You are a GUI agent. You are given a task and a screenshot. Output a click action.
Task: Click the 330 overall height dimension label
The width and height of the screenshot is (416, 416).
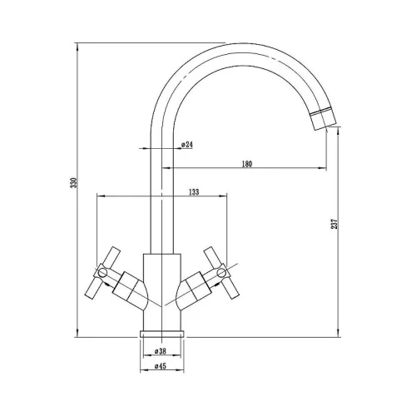tap(73, 183)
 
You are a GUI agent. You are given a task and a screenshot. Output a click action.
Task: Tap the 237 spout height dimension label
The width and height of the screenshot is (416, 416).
tap(334, 224)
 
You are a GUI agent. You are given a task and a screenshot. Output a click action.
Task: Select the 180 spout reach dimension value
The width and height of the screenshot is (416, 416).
tap(247, 164)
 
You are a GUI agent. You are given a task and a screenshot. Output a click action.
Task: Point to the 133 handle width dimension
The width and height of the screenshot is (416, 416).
tap(194, 191)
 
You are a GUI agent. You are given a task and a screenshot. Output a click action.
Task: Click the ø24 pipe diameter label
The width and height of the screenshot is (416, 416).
tap(187, 145)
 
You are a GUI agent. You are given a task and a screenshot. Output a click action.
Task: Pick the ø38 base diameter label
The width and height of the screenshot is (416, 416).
tap(160, 351)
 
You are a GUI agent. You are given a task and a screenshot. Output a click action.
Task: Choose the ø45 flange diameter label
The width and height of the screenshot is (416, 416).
tap(160, 366)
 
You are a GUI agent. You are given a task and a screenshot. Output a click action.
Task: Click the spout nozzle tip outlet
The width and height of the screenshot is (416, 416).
tap(323, 120)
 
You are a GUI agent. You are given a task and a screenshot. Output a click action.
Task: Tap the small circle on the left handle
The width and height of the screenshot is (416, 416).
tap(102, 272)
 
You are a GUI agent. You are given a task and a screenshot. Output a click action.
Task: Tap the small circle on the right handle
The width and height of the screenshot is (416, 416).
tap(221, 272)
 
